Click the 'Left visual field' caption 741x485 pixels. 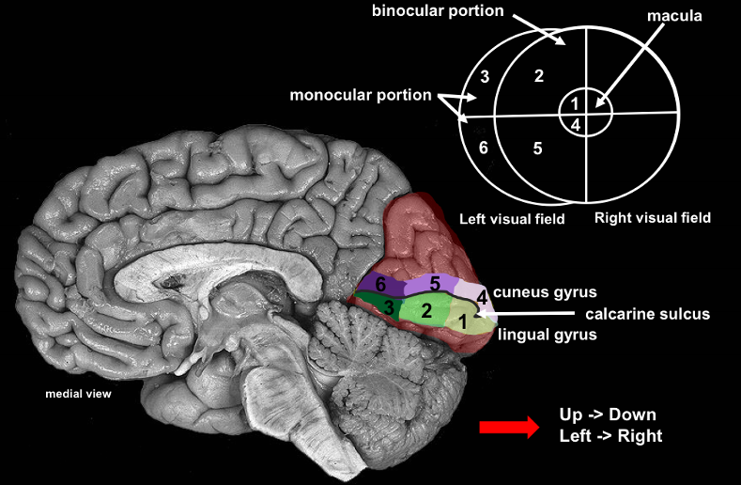pos(511,219)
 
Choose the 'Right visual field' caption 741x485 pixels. pos(653,218)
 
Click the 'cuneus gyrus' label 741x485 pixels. pos(546,291)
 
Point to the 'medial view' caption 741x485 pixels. pos(78,394)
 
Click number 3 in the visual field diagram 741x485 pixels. pos(484,76)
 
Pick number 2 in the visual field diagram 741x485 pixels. pos(538,75)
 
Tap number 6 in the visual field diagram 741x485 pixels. pos(483,148)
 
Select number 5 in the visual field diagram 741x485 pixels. pos(537,148)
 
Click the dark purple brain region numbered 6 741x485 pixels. pos(380,284)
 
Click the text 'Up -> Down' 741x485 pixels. pos(607,415)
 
